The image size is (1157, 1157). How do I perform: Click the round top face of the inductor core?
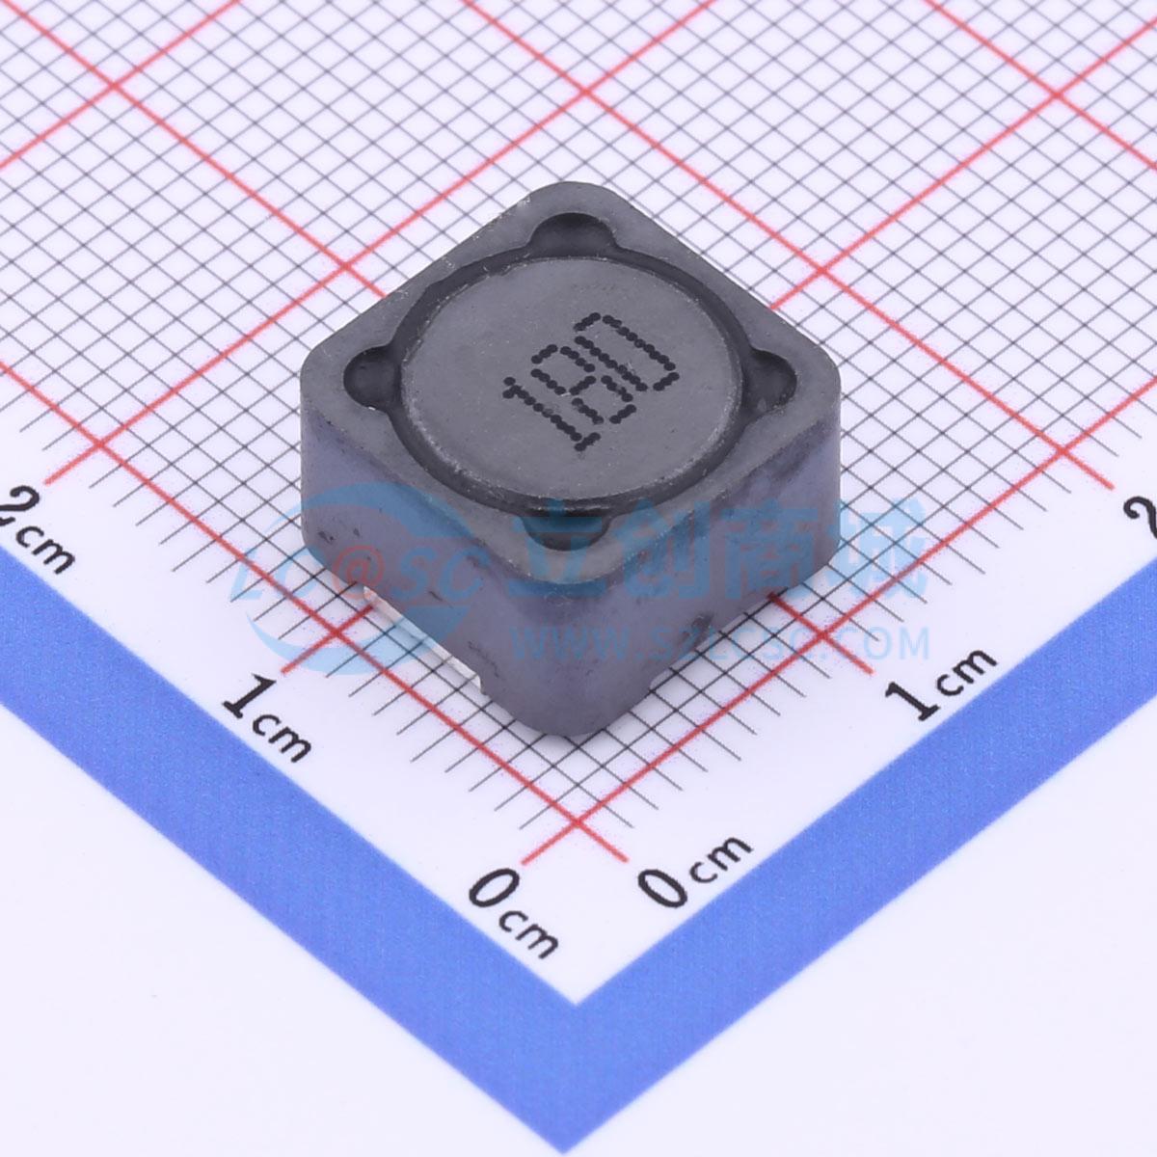point(569,386)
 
